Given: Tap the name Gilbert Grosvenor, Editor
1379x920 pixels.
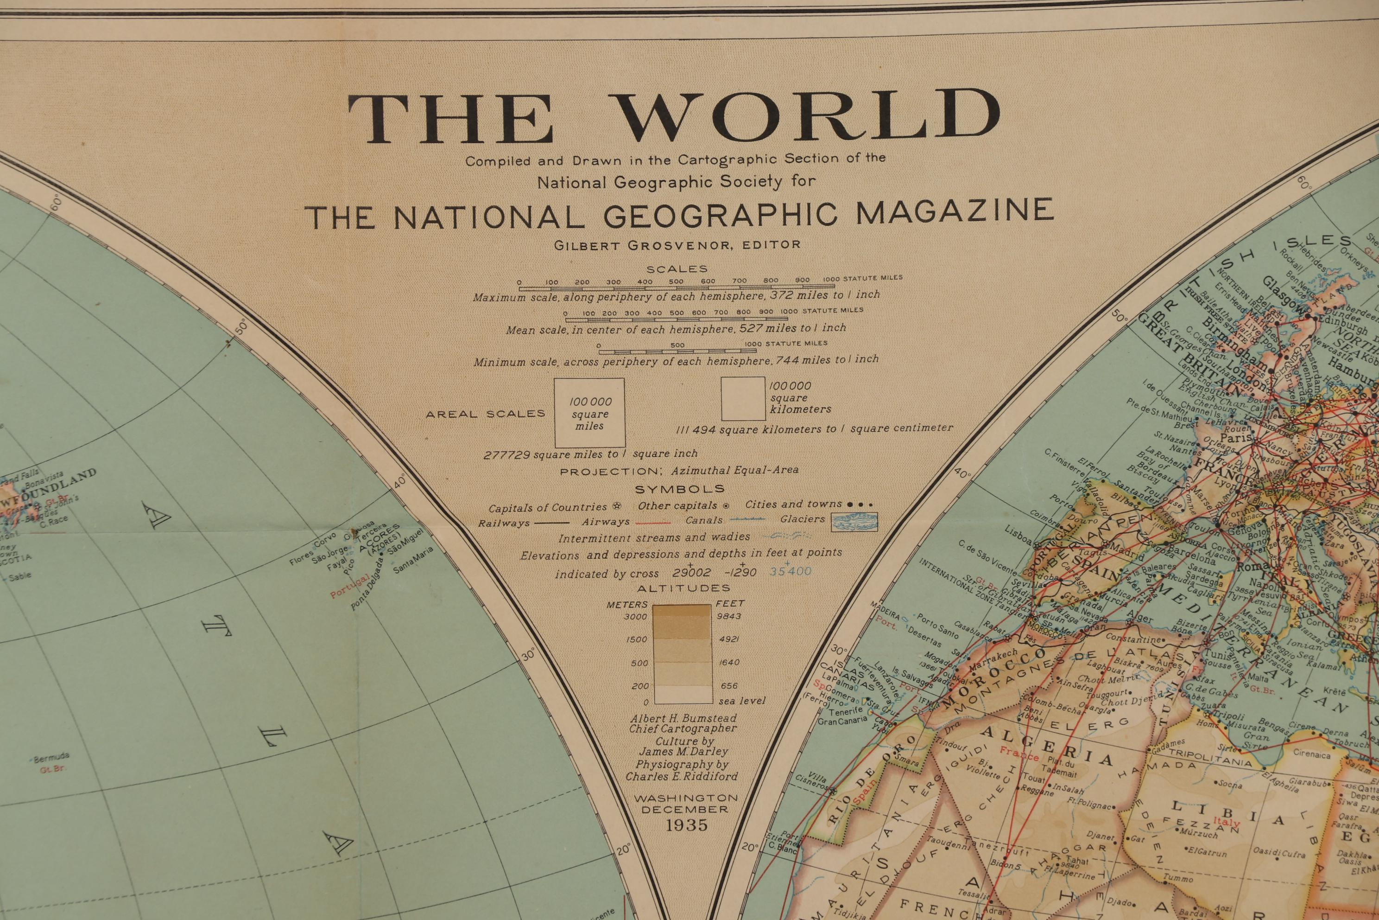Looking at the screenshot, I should pos(677,245).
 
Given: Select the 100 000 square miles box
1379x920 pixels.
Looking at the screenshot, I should pos(589,413).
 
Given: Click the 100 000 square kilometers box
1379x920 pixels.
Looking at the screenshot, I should pos(743,399).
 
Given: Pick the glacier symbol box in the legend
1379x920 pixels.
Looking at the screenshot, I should pos(854,522).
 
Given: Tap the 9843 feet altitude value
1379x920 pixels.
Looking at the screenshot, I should pos(728,616).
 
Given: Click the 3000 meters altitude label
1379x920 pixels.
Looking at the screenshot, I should pos(636,617).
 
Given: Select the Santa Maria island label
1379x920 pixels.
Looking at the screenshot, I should pos(413,560).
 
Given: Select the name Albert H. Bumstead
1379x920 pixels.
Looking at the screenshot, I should pos(683,718).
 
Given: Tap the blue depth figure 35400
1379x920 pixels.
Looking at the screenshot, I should pos(791,571).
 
